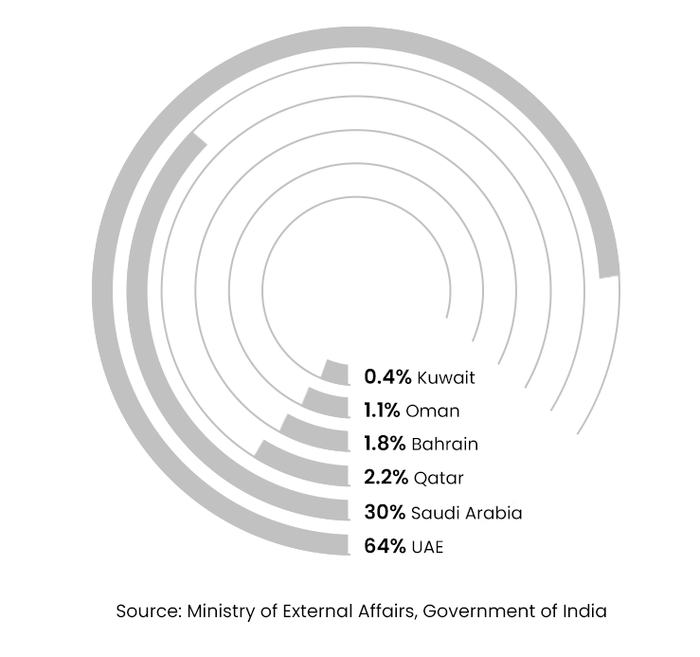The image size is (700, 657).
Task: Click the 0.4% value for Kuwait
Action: (x=387, y=376)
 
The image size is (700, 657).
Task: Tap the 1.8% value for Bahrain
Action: (x=385, y=443)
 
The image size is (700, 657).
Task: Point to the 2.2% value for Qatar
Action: (x=386, y=477)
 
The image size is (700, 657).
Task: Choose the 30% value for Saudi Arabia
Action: (x=385, y=512)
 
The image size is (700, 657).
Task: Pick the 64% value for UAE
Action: (x=384, y=546)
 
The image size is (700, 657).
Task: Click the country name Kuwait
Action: (x=445, y=377)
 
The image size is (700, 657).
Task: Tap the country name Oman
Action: (x=433, y=411)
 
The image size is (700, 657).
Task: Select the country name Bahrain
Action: (x=444, y=443)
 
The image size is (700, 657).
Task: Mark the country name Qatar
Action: (x=438, y=477)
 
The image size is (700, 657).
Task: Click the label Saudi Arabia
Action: (x=466, y=512)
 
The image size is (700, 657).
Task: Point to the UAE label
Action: (x=427, y=546)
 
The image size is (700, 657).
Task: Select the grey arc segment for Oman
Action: (x=325, y=404)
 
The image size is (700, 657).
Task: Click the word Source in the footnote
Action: (x=147, y=611)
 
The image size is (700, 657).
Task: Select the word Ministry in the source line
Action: (x=222, y=611)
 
